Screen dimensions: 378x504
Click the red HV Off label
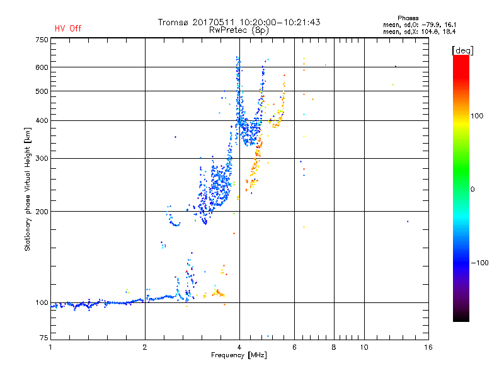68,28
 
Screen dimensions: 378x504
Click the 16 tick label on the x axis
427,347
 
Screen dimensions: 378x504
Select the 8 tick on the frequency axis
334,347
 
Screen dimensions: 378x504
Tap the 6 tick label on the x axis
295,347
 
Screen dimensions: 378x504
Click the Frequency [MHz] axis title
239,356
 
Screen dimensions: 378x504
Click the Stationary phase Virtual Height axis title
28,189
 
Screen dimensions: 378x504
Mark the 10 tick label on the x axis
364,347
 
